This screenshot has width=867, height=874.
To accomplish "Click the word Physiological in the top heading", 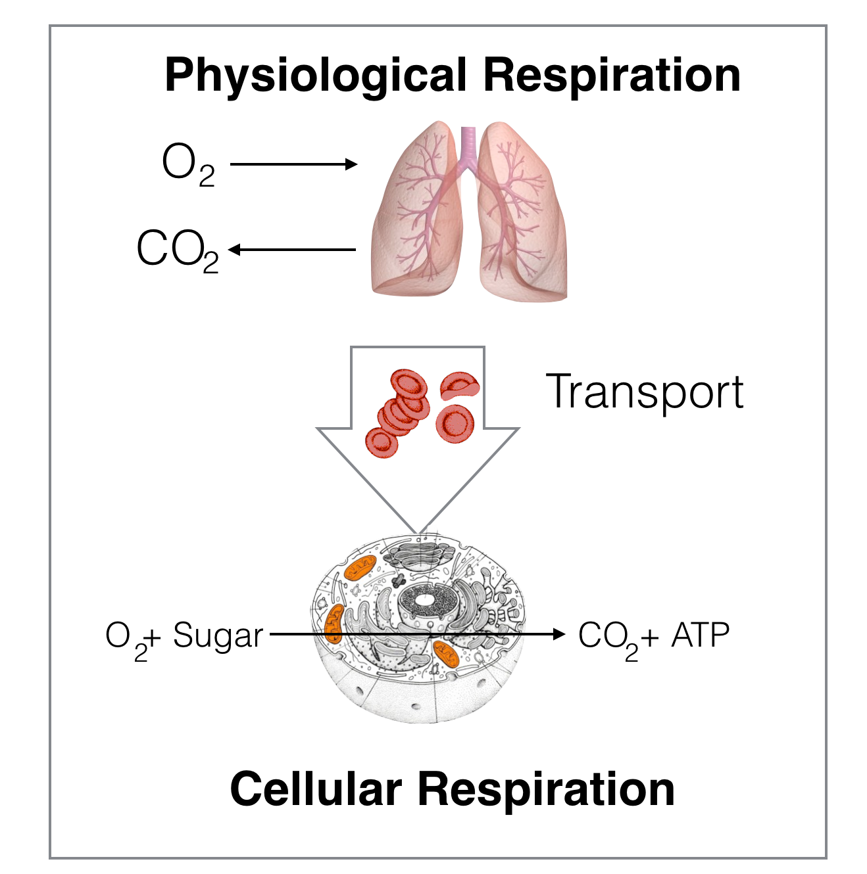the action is tap(316, 77).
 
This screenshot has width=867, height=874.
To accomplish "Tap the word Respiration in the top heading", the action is tap(612, 76).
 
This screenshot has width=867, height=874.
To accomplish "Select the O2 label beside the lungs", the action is tap(188, 165).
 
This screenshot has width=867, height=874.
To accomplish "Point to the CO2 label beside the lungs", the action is tap(178, 250).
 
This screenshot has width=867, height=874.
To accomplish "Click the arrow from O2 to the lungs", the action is tap(294, 164).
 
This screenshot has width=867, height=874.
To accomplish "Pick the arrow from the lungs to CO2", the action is tap(292, 250).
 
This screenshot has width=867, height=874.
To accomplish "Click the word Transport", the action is tap(645, 392).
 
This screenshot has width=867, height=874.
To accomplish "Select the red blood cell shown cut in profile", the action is tap(460, 386).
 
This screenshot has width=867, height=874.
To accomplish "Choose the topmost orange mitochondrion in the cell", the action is tap(360, 567).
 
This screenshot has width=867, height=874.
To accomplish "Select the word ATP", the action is tap(701, 635).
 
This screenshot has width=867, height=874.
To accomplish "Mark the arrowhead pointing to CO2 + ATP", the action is tap(559, 634).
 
